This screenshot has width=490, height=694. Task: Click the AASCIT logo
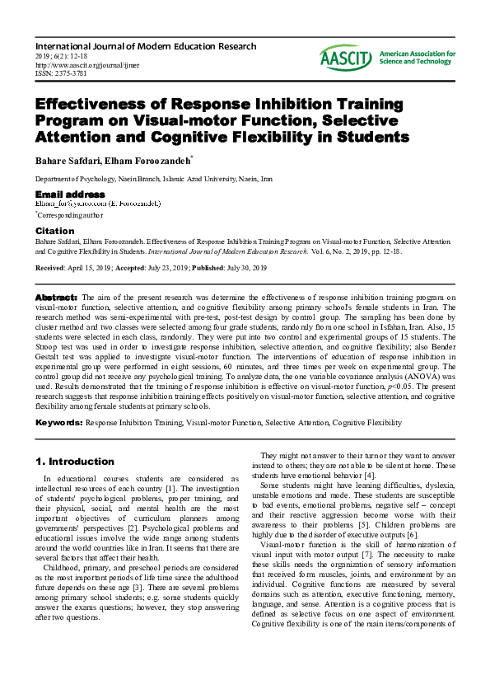(x=347, y=57)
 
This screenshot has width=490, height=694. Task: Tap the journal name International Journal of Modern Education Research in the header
(x=145, y=46)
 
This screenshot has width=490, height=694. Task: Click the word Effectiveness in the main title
(x=91, y=105)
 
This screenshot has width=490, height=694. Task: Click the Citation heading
(x=54, y=231)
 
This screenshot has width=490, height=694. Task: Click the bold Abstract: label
(x=56, y=296)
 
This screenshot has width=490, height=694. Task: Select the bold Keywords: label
(x=58, y=422)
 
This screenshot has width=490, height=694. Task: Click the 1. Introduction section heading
(x=75, y=462)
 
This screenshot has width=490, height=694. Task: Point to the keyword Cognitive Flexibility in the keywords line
(x=366, y=422)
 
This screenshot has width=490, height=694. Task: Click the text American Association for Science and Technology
(x=417, y=57)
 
